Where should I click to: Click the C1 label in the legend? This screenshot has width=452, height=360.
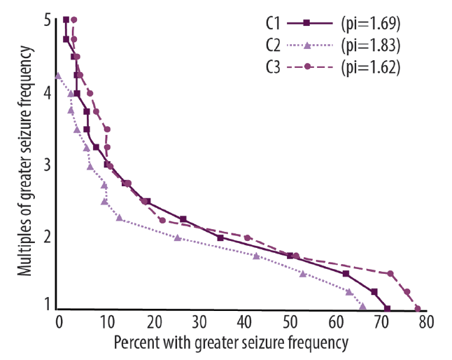pos(274,23)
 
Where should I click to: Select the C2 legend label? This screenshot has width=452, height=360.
pos(274,46)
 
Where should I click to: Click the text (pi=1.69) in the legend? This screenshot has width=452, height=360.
pos(370,23)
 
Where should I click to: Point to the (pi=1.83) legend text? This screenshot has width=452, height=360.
pos(370,46)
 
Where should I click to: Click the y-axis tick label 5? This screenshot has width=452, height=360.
pos(47,21)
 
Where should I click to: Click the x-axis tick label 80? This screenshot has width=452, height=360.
pos(426,323)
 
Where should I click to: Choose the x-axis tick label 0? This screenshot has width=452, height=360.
pos(59,323)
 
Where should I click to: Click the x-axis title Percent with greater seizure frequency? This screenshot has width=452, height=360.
pos(231,343)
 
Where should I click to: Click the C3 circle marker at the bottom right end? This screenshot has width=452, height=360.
pos(418,308)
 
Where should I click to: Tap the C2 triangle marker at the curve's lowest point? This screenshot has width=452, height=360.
pos(362,306)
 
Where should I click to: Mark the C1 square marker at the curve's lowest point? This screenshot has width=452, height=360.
pos(388,308)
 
